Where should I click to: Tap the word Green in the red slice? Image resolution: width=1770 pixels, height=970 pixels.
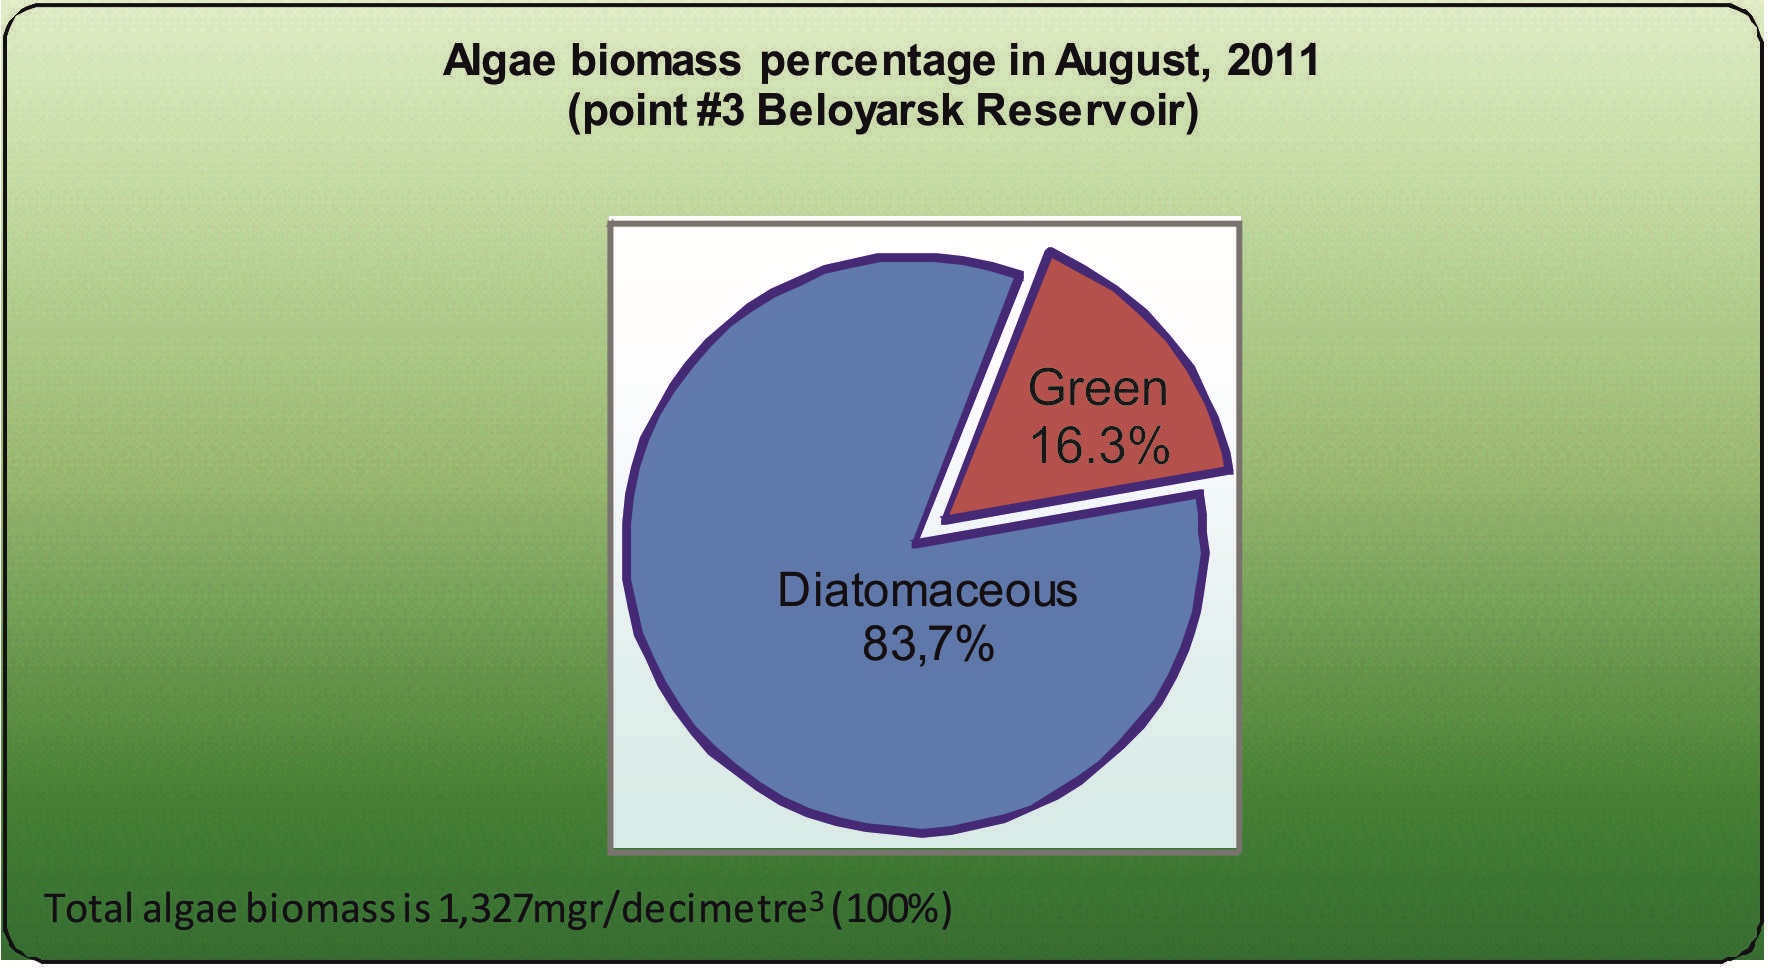1097,388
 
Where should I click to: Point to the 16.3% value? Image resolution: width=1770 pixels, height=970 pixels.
1099,445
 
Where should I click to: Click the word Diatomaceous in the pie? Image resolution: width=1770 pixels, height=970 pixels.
927,590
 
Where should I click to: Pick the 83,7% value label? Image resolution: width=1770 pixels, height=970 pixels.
928,644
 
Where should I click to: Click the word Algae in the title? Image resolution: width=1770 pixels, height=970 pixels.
499,62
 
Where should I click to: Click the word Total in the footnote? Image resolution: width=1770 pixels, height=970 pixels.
88,908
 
